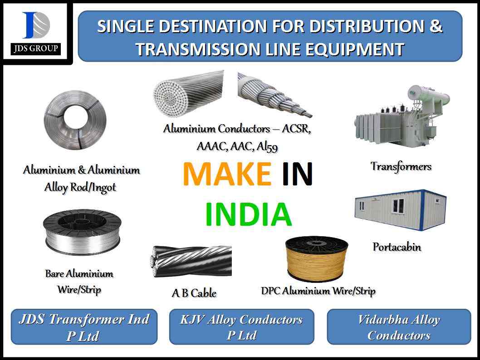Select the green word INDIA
coord(248,214)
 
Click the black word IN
coord(297,174)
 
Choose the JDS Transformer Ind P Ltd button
coord(84,327)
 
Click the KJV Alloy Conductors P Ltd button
coord(241,327)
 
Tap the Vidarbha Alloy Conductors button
coord(399,327)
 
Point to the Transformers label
coord(401,166)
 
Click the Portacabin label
coord(397,247)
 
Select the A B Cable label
coord(194,293)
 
